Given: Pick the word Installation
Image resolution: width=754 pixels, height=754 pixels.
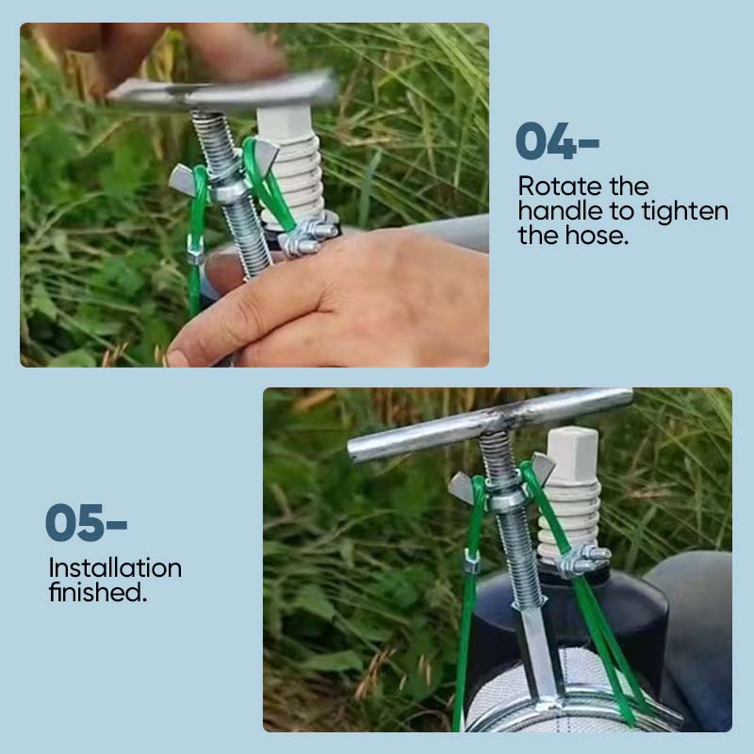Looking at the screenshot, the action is (115, 568).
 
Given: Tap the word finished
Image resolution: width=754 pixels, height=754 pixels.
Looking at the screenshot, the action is (97, 592).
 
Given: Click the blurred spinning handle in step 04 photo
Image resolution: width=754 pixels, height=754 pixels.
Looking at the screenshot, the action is (222, 90).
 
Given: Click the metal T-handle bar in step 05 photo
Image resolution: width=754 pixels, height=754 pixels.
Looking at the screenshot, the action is (489, 425).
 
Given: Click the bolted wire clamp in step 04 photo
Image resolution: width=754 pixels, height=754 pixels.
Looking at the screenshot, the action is (308, 236).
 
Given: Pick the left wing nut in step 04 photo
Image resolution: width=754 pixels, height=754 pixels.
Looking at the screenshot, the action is (183, 179).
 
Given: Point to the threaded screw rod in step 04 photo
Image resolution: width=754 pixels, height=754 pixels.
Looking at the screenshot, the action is (231, 192).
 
